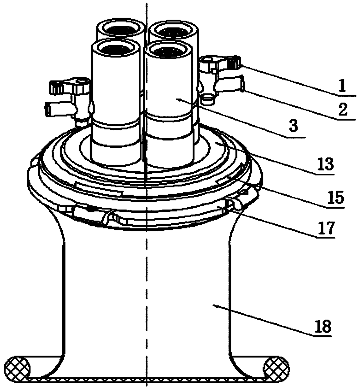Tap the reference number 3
point(294,127)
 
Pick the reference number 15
point(336,198)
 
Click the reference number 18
point(323,327)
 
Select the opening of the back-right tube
point(173,30)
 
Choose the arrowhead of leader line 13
point(216,143)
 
